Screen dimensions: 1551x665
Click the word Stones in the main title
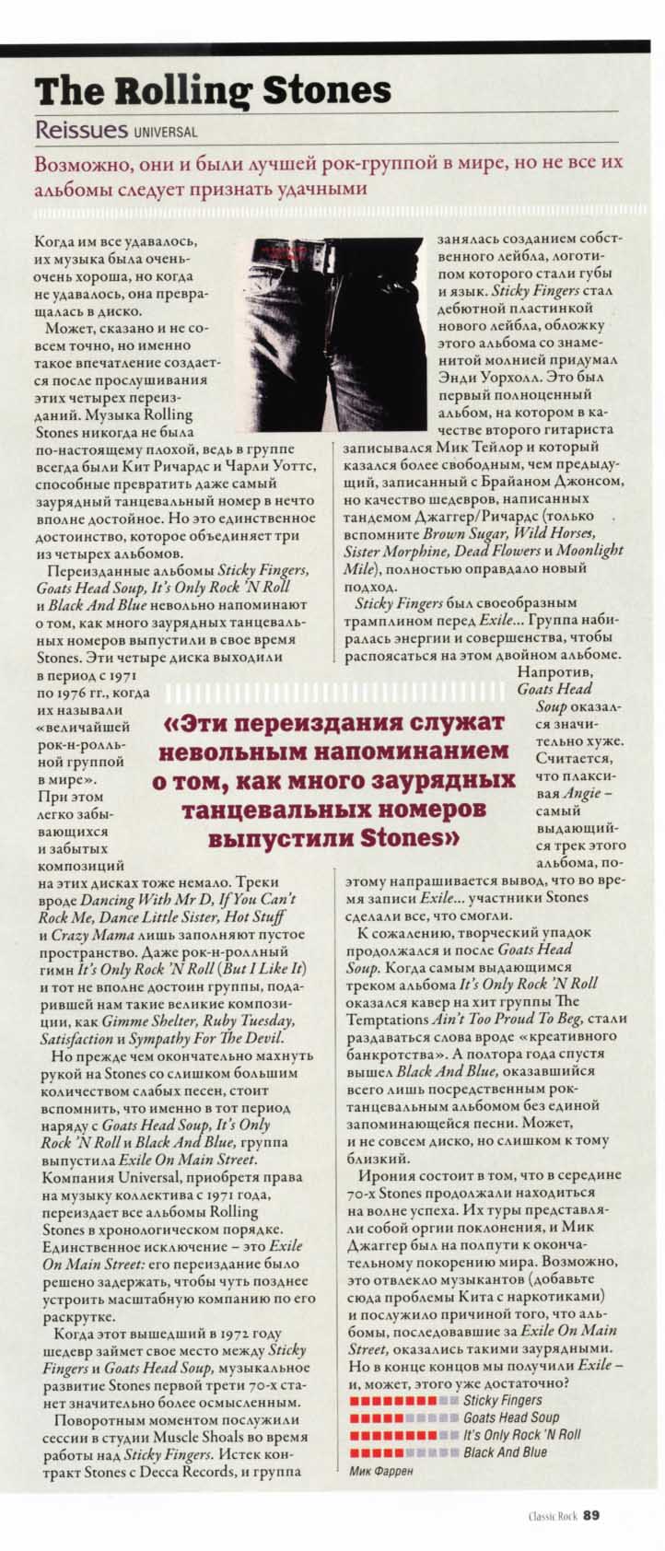tap(328, 91)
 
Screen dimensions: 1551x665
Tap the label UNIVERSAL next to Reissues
tap(166, 133)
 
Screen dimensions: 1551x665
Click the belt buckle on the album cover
tap(303, 248)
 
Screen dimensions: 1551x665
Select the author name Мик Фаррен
tap(381, 1472)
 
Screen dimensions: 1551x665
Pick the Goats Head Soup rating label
tap(511, 1418)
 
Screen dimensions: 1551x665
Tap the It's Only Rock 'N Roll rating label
tap(522, 1435)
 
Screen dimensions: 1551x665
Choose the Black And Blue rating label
tap(505, 1452)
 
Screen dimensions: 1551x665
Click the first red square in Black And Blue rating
tap(355, 1452)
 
